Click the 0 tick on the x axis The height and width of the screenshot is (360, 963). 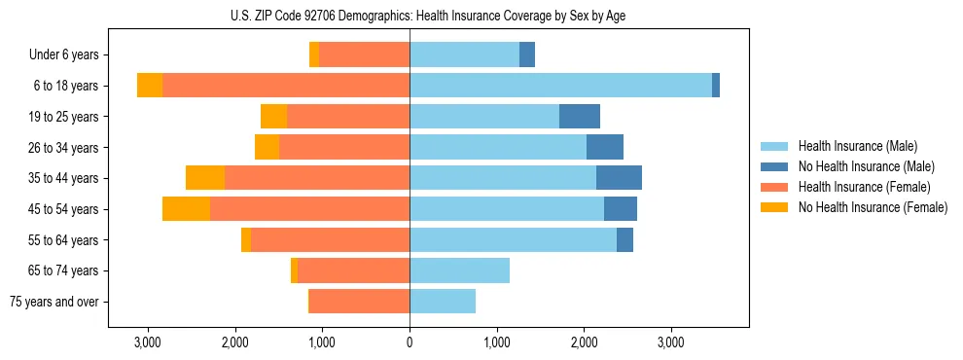[410, 342]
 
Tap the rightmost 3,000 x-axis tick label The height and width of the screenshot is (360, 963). [671, 342]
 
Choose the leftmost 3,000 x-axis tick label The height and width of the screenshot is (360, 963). [148, 342]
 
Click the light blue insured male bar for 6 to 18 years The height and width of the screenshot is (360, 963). [560, 86]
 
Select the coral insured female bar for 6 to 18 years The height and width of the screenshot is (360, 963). [286, 86]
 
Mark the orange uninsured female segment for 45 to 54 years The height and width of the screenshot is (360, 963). [186, 209]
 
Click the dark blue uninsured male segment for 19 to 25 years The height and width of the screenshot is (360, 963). [580, 117]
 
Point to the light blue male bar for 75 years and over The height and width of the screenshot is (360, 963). [443, 302]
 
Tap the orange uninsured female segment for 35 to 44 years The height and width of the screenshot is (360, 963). [205, 178]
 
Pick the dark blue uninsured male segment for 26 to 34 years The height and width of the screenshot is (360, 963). [605, 147]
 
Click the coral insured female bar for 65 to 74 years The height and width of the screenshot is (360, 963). [353, 270]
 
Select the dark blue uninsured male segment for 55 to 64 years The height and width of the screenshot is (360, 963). [624, 239]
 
